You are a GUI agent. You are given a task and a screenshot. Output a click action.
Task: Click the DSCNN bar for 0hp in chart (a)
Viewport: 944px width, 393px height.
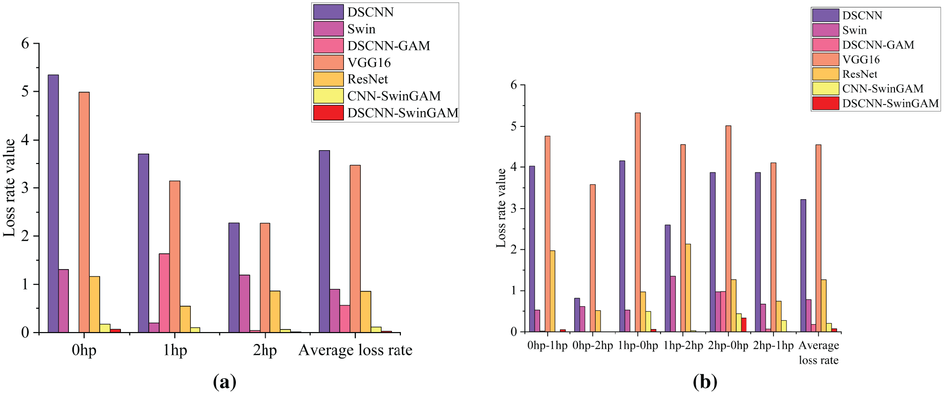click(x=53, y=203)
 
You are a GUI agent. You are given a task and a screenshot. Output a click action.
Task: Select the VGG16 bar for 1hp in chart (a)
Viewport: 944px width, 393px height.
click(x=174, y=256)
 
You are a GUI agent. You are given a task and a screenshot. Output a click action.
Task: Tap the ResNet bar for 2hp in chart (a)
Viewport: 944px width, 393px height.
click(x=275, y=311)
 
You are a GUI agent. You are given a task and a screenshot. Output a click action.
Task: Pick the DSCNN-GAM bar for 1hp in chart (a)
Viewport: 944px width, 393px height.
click(x=164, y=292)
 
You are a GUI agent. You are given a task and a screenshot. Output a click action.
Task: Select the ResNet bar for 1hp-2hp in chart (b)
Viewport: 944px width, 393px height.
click(x=688, y=287)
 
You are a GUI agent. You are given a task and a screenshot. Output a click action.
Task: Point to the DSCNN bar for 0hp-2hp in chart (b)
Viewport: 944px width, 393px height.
click(x=577, y=315)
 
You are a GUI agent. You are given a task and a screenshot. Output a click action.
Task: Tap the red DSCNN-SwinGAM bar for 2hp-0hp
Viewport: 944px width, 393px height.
click(x=743, y=325)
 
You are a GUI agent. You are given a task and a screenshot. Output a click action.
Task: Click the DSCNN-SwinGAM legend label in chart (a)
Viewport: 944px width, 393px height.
click(x=402, y=113)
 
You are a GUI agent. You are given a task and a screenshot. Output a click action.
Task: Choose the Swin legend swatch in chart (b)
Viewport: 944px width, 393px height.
click(x=825, y=30)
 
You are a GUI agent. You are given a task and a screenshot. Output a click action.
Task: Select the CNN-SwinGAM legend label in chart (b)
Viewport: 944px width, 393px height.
click(x=883, y=89)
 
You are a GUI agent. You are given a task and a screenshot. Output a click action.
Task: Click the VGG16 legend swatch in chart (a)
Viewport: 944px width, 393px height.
click(x=328, y=62)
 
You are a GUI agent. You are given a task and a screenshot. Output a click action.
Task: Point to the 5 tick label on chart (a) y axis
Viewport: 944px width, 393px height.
click(x=25, y=92)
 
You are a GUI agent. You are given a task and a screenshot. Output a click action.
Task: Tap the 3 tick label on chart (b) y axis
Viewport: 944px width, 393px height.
click(x=513, y=209)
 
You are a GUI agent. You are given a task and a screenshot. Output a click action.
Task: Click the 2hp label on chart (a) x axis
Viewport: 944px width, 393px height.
click(x=265, y=350)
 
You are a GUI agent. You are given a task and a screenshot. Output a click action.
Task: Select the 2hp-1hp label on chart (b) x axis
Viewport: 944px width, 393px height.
click(x=773, y=345)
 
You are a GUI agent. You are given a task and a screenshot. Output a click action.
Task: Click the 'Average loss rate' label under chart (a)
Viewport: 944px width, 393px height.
click(x=355, y=350)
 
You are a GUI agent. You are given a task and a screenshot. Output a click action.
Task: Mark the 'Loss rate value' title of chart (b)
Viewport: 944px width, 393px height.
click(x=501, y=208)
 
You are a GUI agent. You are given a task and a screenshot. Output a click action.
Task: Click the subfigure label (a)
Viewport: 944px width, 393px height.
click(x=224, y=382)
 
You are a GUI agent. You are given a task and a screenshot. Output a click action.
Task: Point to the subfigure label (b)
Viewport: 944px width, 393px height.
click(x=705, y=382)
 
